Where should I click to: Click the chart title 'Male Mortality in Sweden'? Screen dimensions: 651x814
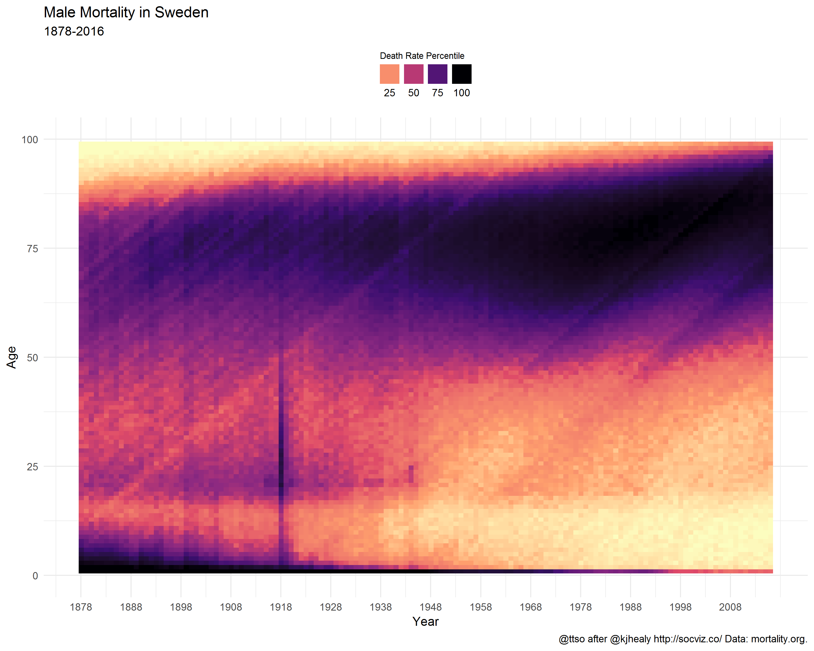(126, 13)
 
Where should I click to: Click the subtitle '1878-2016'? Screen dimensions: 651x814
(74, 31)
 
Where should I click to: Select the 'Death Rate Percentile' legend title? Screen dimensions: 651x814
(422, 56)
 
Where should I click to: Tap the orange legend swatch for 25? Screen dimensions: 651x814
(389, 74)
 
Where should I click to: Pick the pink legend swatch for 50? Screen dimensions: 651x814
(414, 74)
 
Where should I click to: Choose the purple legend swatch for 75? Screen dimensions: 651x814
(437, 74)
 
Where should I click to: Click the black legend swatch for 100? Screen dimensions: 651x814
(461, 74)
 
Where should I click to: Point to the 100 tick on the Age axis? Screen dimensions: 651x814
(30, 140)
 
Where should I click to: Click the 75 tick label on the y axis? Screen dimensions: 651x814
(33, 249)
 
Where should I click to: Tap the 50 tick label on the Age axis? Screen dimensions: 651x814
(33, 358)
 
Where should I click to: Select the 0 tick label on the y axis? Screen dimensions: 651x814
(35, 576)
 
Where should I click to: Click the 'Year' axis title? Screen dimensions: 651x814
(425, 621)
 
